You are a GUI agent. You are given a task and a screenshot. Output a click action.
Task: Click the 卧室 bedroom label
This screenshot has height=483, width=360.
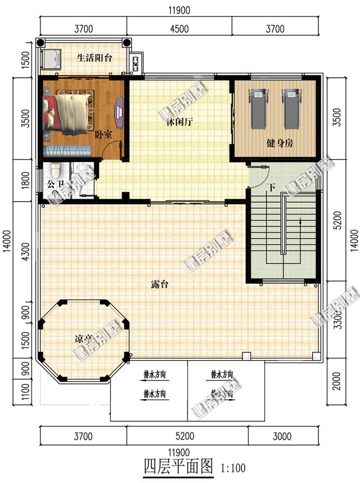(x=103, y=135)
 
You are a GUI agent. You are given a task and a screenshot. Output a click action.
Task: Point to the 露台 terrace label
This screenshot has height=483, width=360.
(x=159, y=284)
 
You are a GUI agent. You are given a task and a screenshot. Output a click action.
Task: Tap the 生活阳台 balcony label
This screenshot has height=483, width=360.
(x=94, y=57)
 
